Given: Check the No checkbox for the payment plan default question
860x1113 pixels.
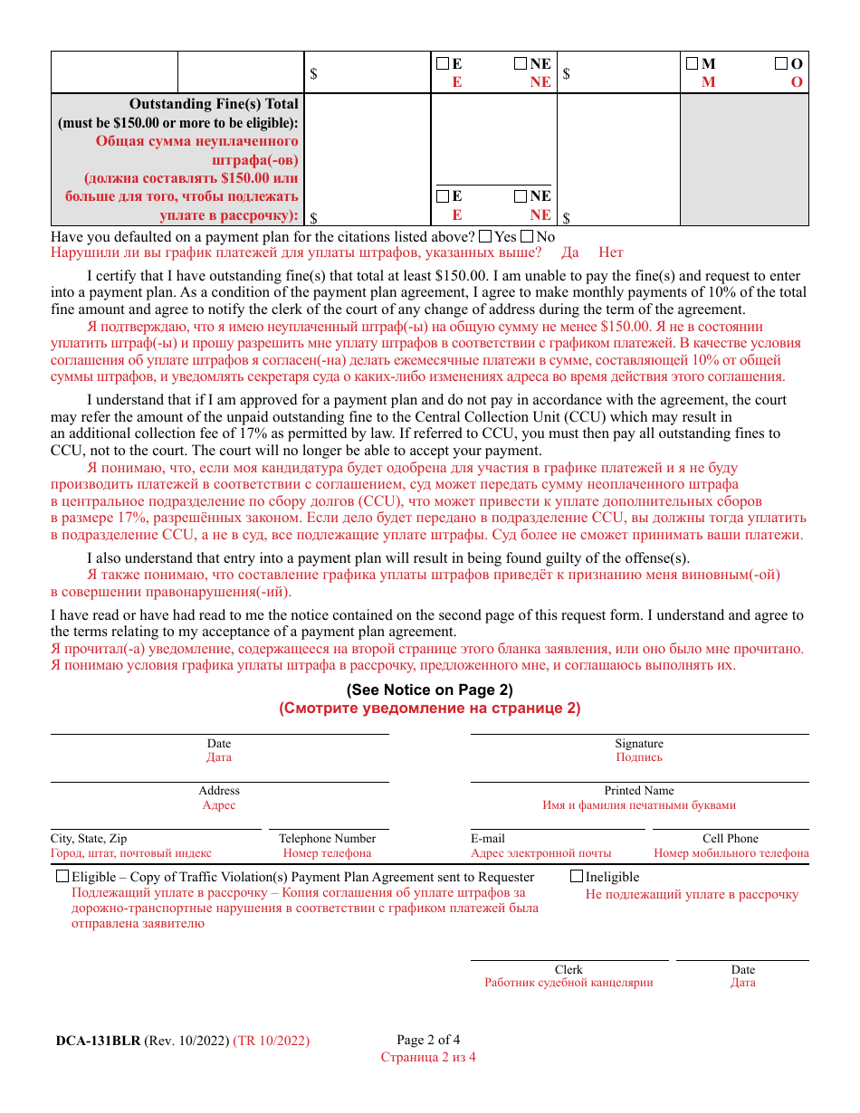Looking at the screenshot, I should click(x=527, y=236).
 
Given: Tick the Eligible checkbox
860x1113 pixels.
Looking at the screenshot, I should click(x=62, y=876).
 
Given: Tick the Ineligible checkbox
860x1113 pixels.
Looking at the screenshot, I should click(x=577, y=876).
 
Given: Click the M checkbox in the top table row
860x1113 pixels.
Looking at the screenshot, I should click(x=692, y=63).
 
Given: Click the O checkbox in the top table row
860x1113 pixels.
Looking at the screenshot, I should click(x=780, y=63).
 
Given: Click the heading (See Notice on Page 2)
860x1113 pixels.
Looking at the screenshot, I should click(x=429, y=690).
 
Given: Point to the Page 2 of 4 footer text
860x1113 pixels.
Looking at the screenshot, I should click(x=428, y=1040).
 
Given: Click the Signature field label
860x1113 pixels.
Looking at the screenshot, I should click(x=639, y=744).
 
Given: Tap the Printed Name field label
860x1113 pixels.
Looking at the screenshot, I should click(x=639, y=791).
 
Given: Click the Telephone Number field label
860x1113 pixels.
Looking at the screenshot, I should click(x=327, y=839).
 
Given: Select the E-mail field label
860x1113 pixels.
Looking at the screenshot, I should click(x=488, y=839).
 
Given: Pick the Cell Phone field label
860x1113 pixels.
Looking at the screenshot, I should click(x=731, y=839).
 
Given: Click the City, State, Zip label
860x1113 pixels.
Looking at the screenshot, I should click(x=89, y=839).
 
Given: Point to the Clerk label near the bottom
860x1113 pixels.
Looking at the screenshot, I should click(x=569, y=969).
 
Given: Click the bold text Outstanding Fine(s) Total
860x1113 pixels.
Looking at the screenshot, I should click(x=214, y=104).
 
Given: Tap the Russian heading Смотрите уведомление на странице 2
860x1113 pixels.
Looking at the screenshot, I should click(x=429, y=708).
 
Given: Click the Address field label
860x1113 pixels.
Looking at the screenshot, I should click(x=219, y=791).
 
